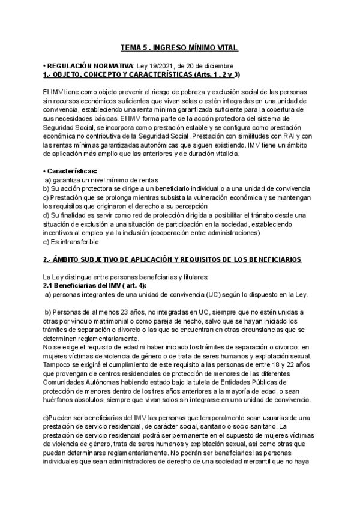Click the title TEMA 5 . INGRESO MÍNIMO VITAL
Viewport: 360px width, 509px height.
click(x=180, y=47)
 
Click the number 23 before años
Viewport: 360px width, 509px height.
click(x=107, y=312)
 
